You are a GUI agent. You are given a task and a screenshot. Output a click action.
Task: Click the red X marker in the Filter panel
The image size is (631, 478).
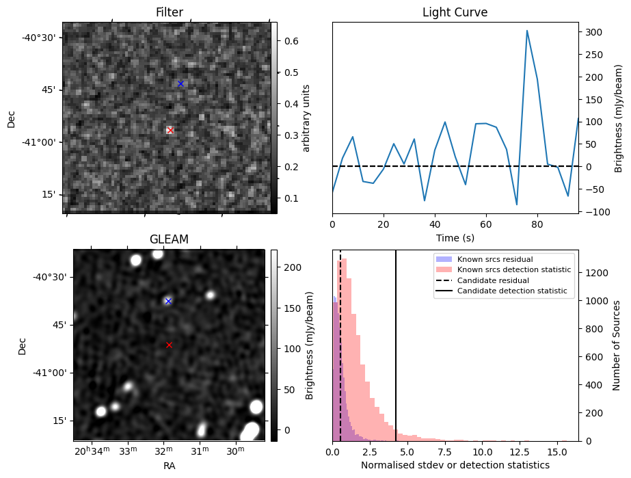coord(170,130)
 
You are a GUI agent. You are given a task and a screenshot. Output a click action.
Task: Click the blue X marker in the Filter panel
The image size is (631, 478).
coord(180,83)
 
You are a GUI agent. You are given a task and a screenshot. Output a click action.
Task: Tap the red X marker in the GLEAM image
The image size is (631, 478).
coord(169,345)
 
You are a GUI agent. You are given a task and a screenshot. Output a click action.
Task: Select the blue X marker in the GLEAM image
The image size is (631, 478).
coord(169,301)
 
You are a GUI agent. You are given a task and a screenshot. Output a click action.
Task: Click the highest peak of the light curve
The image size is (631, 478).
coord(527,31)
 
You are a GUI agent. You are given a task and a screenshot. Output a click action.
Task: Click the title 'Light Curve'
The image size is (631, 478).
coord(455,12)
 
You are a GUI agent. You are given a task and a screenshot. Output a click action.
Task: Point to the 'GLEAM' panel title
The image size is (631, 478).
coord(169,239)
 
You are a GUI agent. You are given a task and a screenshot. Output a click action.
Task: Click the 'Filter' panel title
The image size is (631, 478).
coord(170,12)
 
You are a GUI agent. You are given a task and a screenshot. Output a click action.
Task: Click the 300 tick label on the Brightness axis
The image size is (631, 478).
coord(593,32)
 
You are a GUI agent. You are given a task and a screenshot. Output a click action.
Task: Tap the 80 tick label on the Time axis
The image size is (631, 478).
coord(537,224)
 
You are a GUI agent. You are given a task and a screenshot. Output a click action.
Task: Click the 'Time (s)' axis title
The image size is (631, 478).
coord(455,238)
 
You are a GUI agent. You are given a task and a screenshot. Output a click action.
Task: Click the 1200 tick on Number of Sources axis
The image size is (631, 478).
coord(597,273)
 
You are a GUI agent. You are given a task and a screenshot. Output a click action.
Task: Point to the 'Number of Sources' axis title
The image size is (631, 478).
coord(616,345)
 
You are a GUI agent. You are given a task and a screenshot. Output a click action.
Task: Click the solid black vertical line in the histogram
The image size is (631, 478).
coord(396,345)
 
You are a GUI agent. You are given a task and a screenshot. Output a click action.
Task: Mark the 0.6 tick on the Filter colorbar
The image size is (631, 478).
coord(291,41)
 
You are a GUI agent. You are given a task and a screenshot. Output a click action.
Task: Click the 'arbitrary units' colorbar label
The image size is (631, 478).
coord(306,118)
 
